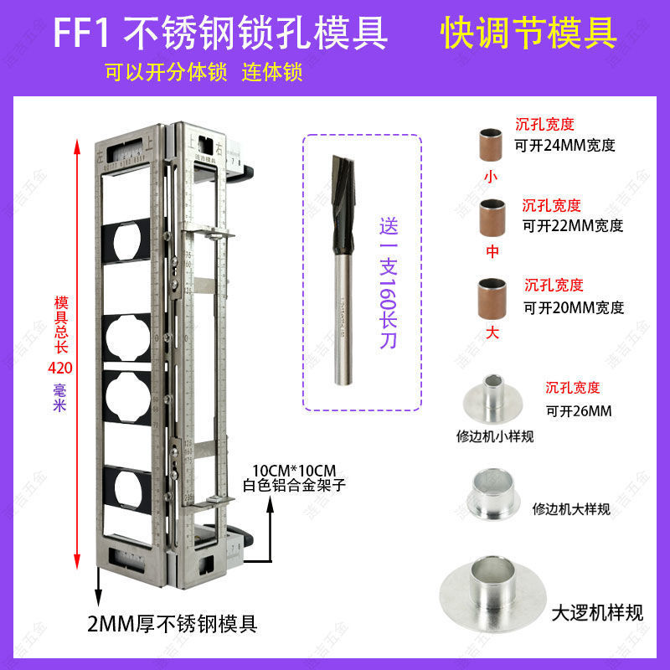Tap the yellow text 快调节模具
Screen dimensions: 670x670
(528, 33)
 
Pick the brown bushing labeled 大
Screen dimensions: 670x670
(490, 296)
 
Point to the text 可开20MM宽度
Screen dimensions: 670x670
(574, 307)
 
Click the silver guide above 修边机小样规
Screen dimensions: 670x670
(491, 403)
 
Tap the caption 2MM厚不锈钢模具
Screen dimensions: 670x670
(172, 624)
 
